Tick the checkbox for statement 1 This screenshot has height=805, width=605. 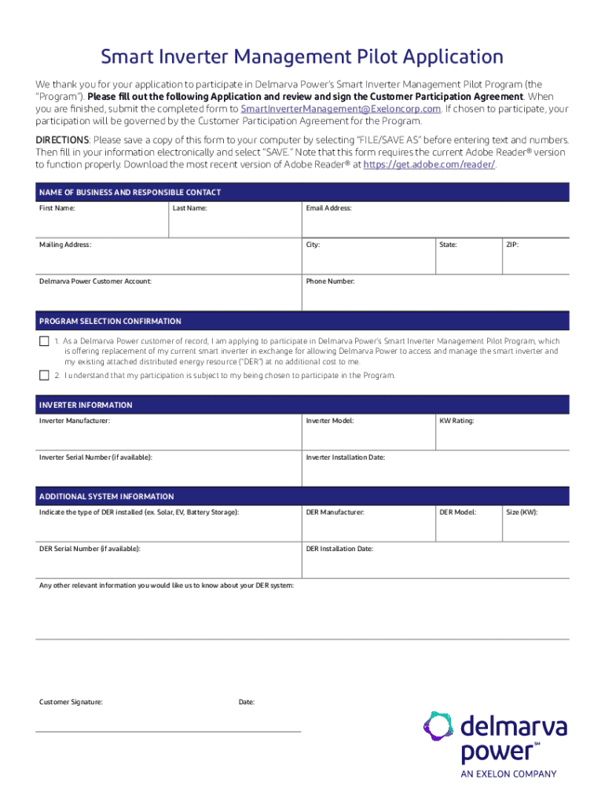pos(44,342)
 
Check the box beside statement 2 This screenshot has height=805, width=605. pos(44,376)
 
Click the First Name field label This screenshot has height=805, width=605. pos(57,208)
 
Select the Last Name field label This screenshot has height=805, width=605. pos(190,208)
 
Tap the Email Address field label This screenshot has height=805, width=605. pos(328,208)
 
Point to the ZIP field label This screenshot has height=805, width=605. pos(512,245)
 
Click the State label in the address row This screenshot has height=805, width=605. pos(448,245)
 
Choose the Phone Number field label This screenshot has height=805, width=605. pos(330,281)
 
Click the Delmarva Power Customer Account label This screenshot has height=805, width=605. pos(95,281)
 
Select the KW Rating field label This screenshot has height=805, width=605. pos(456,421)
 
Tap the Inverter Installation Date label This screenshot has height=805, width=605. pos(345,458)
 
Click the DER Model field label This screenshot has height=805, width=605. pos(457,513)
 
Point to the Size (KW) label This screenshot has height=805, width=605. pos(522,513)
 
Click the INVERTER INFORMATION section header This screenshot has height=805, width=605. pos(86,405)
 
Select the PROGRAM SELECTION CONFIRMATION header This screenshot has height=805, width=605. pos(110,321)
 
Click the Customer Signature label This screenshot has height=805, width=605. pos(71,701)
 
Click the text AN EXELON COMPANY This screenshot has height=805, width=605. pos(508,774)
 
